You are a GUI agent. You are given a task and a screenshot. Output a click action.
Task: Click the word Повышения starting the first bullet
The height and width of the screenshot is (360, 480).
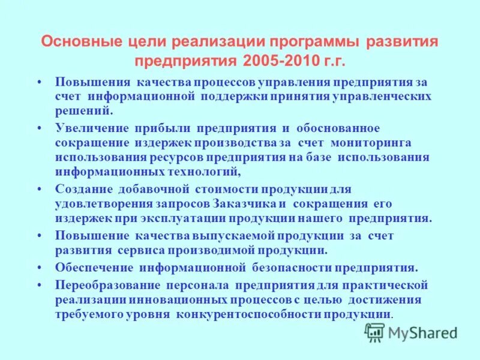pos(93,82)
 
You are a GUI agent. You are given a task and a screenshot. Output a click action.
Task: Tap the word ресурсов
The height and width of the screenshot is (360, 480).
pos(178,157)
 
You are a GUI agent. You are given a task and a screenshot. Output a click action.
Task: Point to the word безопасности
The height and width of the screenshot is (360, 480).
pos(291,267)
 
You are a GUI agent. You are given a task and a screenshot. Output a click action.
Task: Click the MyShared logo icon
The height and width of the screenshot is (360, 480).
pos(375,332)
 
